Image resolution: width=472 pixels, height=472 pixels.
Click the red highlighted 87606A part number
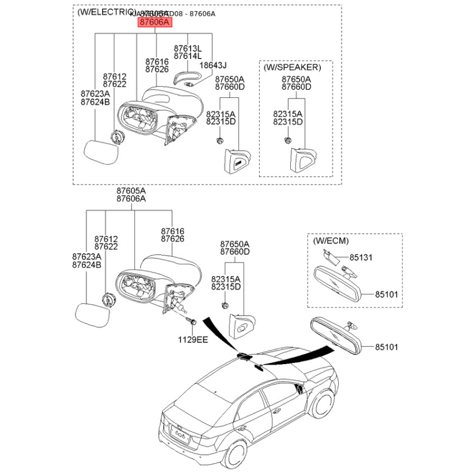pos(154,22)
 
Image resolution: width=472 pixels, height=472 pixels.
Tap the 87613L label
pos(187,48)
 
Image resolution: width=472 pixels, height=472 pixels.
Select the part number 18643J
pos(214,65)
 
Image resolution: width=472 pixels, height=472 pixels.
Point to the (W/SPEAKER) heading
pos(292,67)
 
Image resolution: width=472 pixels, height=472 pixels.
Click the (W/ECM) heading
pos(331,241)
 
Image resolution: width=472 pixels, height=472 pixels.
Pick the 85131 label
pos(361,258)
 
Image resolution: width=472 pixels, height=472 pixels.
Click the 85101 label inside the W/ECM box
pos(386,293)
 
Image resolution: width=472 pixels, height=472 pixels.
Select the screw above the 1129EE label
pos(192,322)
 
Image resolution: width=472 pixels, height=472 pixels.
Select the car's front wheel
pos(322,406)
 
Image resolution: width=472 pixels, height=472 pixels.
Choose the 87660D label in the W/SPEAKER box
pos(296,87)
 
